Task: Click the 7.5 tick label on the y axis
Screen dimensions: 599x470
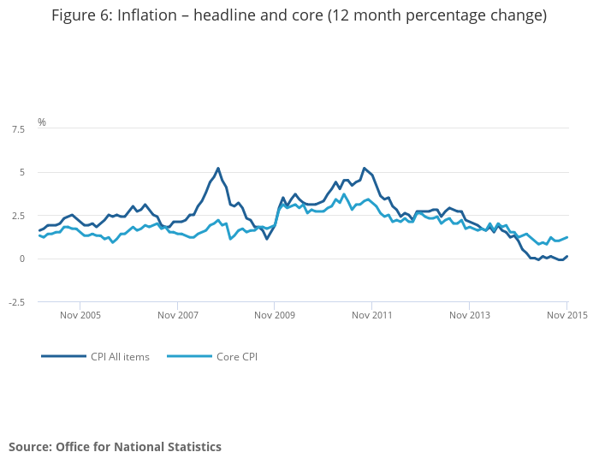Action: coord(18,129)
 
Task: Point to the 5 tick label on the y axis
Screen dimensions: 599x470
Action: coord(21,172)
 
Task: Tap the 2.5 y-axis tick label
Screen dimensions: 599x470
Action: coord(18,216)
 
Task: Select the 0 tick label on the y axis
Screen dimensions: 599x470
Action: coord(21,259)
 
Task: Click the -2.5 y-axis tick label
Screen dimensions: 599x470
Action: coord(17,302)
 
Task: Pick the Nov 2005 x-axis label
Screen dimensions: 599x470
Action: coord(80,315)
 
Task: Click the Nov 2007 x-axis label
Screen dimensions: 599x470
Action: coord(178,315)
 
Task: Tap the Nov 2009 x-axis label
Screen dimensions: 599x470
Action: coord(275,315)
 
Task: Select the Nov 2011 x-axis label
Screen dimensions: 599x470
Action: coord(372,315)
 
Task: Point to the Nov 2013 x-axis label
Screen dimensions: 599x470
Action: coord(470,315)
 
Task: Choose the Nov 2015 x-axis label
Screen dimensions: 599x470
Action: coord(567,315)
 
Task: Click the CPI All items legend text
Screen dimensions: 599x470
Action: coord(120,357)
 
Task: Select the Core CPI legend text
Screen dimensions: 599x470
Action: coord(237,357)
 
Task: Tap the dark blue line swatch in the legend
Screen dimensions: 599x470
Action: coord(64,356)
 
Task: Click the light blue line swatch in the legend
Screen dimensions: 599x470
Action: coord(189,356)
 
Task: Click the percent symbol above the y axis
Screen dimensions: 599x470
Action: coord(42,122)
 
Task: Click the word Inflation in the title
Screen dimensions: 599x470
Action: coord(147,15)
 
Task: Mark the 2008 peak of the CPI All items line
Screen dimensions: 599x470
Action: coord(218,168)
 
